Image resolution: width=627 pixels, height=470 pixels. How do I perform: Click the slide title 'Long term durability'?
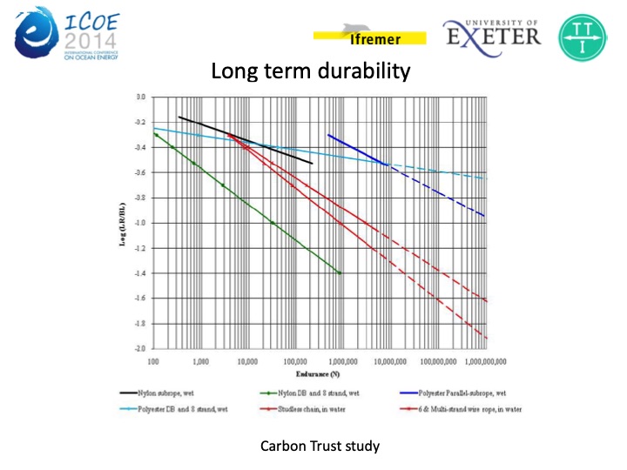(x=310, y=70)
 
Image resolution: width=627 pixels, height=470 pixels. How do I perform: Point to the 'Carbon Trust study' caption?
(x=320, y=446)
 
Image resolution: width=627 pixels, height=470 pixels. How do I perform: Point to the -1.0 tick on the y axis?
(x=138, y=223)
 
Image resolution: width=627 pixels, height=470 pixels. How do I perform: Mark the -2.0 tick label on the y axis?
(x=138, y=349)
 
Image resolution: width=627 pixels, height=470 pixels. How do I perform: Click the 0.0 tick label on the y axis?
(x=139, y=97)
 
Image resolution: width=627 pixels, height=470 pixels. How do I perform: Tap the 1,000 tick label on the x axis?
(x=201, y=359)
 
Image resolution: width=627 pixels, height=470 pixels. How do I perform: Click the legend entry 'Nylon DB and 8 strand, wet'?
(x=314, y=393)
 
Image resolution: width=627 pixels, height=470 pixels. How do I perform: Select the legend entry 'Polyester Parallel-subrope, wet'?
(x=462, y=393)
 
